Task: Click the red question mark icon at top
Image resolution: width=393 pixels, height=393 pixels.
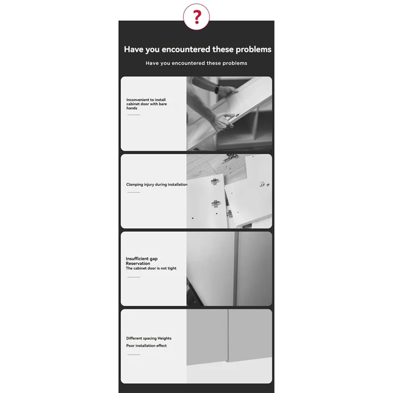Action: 196,17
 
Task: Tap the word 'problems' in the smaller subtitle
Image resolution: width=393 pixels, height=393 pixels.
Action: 234,63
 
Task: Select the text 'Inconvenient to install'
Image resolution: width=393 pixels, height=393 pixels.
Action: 146,100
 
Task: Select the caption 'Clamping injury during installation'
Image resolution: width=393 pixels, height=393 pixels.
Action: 157,185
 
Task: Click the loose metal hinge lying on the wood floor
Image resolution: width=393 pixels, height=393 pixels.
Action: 230,158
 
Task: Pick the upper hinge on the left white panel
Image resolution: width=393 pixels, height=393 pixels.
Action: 215,182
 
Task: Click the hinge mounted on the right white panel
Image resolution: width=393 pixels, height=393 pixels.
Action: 263,185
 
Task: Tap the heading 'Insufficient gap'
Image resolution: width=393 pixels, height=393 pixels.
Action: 141,258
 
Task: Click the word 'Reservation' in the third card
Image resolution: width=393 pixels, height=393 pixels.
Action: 138,263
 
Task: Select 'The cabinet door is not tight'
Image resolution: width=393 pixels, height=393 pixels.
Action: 151,268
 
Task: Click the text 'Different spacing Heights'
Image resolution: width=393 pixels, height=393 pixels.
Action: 149,338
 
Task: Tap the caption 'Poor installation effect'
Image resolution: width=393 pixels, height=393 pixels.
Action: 146,346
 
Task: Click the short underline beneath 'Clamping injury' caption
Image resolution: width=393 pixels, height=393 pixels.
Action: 134,192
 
